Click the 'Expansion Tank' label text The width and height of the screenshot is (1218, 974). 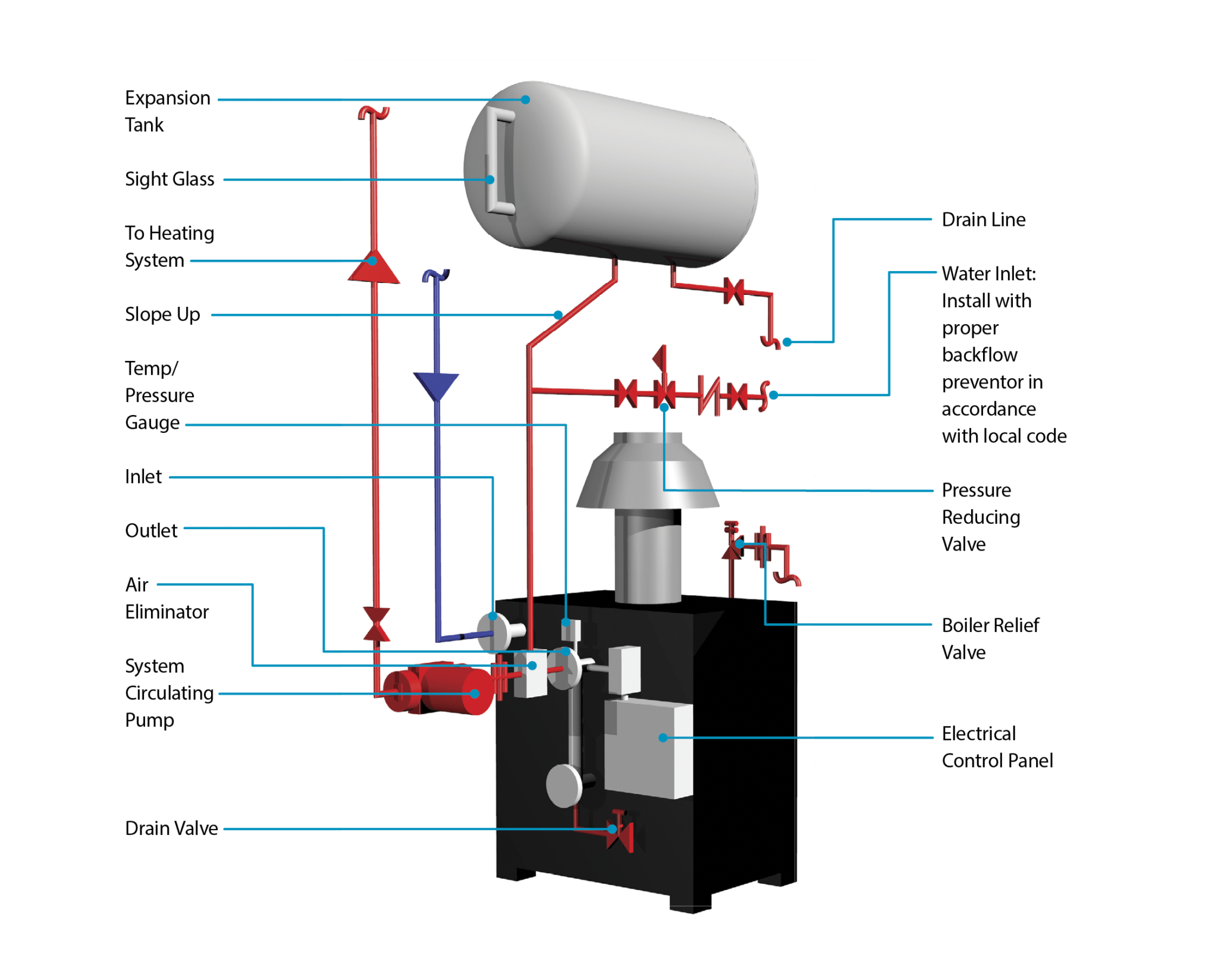pos(167,111)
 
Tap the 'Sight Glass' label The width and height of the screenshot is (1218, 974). pos(169,179)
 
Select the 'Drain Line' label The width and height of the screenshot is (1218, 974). pos(983,219)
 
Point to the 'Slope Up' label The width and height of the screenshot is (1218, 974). pos(162,314)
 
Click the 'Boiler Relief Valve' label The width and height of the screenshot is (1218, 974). pos(990,639)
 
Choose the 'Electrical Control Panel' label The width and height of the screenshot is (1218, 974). pos(997,747)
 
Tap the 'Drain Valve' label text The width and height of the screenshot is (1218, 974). pos(171,828)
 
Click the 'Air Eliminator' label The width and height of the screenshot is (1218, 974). pos(167,598)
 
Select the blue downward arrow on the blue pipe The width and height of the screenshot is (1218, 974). pos(436,386)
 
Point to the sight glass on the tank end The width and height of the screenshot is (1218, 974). pos(498,162)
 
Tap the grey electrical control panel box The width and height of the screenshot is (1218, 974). pos(648,749)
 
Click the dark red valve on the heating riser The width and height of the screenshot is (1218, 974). pos(376,624)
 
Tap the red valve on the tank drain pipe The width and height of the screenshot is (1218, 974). pos(734,291)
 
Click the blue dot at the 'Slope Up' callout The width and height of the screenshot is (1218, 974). pos(558,315)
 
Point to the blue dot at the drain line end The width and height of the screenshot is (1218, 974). pos(787,342)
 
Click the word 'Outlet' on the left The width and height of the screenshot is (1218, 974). pos(151,530)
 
